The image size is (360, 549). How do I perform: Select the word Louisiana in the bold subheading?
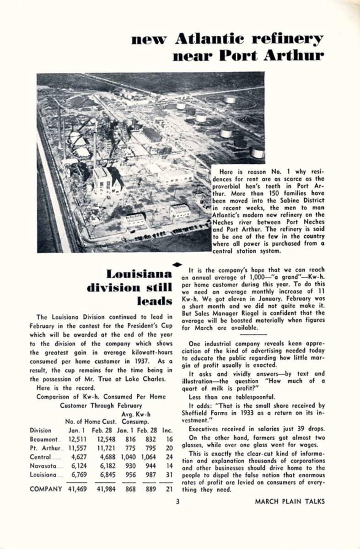point(140,274)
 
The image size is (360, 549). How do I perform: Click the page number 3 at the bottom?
point(178,501)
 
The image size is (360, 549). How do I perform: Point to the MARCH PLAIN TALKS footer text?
point(290,501)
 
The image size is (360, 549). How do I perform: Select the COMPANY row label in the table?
point(46,489)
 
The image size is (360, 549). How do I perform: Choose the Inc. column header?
point(167,431)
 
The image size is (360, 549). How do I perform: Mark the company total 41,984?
point(103,489)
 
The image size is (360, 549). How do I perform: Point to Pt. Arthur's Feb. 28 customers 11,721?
point(103,448)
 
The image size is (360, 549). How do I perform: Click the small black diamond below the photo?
point(178,264)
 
